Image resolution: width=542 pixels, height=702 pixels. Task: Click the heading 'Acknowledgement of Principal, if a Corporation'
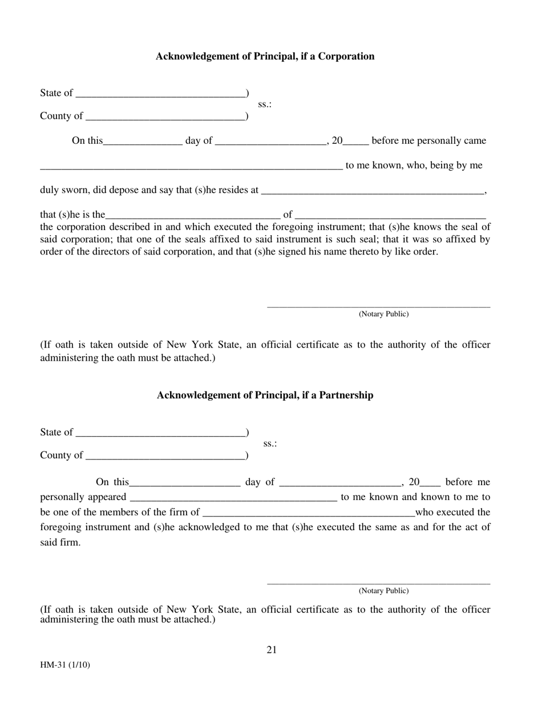point(265,57)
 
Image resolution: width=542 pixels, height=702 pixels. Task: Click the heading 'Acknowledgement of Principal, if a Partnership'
point(265,396)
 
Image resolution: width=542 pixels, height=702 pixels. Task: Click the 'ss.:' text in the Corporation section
point(265,104)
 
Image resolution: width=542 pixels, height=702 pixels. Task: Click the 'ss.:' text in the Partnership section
point(270,443)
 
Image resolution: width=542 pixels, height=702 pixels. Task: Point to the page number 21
point(272,649)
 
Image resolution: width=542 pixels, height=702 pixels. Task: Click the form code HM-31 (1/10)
point(64,665)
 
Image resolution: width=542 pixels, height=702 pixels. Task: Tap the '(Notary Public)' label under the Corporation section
point(383,314)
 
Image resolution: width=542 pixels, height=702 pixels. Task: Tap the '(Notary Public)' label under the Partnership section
point(383,591)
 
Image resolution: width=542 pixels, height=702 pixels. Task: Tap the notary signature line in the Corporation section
point(378,306)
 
